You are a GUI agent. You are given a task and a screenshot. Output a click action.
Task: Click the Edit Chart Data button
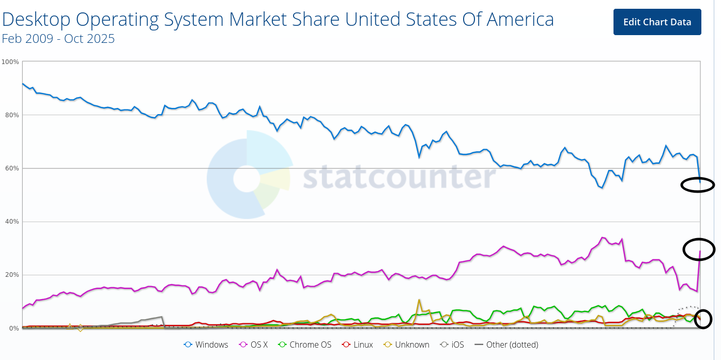tap(657, 22)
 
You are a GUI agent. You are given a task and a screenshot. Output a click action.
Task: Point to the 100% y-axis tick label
tap(10, 62)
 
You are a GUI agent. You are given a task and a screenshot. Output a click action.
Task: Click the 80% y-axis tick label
tap(11, 115)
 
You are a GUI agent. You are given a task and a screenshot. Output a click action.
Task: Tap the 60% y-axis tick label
tap(11, 168)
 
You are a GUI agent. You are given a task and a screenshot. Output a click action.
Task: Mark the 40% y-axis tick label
tap(11, 222)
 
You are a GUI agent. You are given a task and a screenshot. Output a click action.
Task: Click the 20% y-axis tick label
tap(11, 275)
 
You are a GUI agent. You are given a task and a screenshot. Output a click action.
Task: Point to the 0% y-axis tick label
tap(13, 328)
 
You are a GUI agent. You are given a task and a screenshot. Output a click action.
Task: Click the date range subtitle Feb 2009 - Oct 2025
tap(58, 39)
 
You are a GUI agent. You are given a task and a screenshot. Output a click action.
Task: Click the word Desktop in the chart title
tap(37, 20)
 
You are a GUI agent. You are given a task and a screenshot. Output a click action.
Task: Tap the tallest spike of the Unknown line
tap(419, 300)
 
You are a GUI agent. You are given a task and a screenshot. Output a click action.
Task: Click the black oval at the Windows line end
tap(698, 184)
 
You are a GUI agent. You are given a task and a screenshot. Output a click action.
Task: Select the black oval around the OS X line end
tap(699, 249)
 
